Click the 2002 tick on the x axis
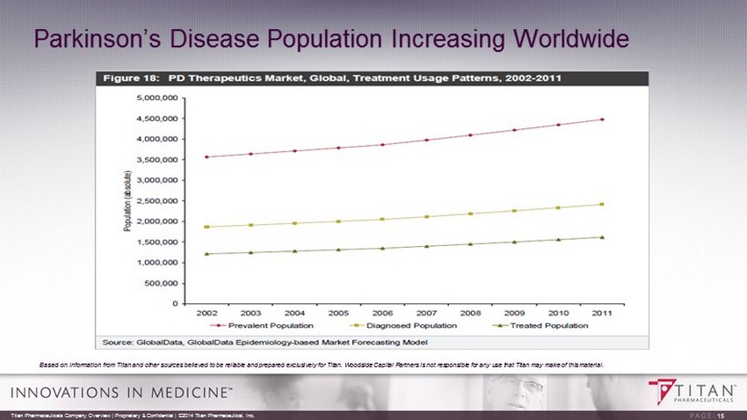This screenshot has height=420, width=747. (x=207, y=312)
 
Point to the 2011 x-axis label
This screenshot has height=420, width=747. (x=602, y=312)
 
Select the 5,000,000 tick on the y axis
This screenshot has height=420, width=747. (x=157, y=98)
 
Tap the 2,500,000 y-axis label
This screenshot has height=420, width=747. (x=157, y=200)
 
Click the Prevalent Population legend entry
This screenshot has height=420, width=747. (x=261, y=325)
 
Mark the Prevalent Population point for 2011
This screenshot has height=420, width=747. (x=602, y=119)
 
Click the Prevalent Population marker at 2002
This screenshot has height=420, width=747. (x=207, y=157)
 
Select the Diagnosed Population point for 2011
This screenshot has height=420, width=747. (x=602, y=204)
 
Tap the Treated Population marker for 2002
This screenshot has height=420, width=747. (x=207, y=254)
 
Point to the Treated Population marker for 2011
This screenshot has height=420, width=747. (x=602, y=236)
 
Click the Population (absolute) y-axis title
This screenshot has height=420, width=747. (x=128, y=201)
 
